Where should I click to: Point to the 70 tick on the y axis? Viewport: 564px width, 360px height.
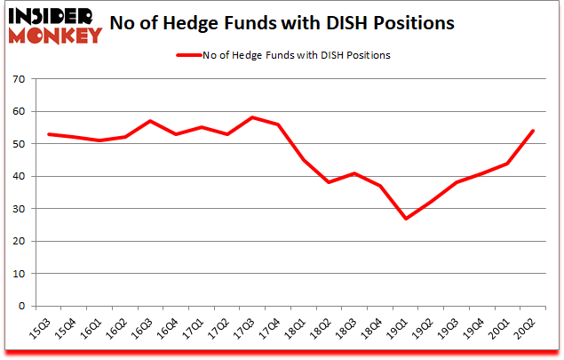click(20, 79)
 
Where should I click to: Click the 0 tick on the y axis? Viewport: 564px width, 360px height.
click(23, 306)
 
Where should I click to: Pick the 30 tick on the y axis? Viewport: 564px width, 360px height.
click(20, 209)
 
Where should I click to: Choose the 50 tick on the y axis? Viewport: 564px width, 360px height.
click(20, 144)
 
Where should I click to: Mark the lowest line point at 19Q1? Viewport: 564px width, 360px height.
click(406, 219)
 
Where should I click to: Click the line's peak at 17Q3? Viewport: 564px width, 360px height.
click(253, 117)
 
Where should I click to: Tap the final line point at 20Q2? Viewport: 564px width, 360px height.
click(533, 131)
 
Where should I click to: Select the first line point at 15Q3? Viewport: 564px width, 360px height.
click(49, 134)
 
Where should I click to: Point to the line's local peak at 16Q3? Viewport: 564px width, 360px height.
click(151, 121)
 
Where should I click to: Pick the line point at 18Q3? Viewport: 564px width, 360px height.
click(354, 173)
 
